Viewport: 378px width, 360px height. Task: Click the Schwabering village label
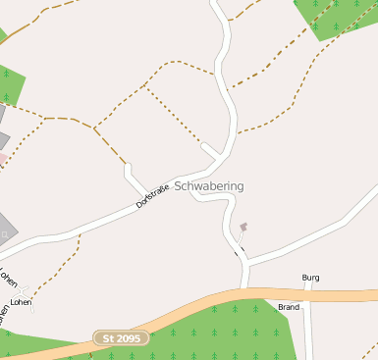pos(209,186)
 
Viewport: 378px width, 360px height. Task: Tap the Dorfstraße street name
pos(153,193)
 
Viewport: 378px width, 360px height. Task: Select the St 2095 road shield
pos(122,338)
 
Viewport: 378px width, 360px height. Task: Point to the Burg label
pos(311,278)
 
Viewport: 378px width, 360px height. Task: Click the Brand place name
pos(289,307)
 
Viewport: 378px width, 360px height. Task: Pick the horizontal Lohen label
pos(21,302)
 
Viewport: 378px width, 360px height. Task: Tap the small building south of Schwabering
pos(243,228)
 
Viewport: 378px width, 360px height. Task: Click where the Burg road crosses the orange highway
pos(306,294)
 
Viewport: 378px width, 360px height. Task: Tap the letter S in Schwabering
pos(179,186)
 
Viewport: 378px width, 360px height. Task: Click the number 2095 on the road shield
pos(129,338)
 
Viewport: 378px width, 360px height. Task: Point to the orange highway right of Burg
pos(349,294)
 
